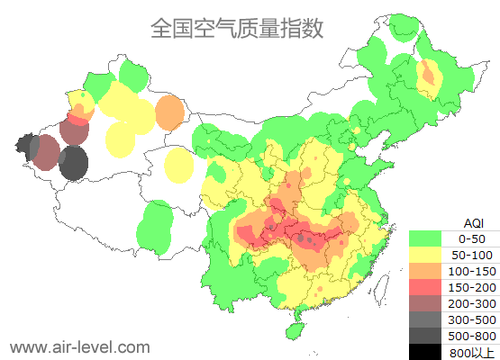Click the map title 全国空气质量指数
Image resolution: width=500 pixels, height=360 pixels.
[x=237, y=28]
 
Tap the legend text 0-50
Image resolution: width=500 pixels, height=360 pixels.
[x=472, y=238]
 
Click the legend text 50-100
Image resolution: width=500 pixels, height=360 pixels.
[x=472, y=255]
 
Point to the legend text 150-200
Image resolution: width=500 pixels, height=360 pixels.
[x=472, y=287]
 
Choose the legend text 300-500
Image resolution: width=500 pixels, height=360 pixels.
[x=472, y=319]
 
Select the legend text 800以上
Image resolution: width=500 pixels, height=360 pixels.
[x=472, y=352]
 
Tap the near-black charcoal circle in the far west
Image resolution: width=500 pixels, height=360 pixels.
[x=74, y=164]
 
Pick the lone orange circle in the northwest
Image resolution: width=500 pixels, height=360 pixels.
[x=169, y=112]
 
